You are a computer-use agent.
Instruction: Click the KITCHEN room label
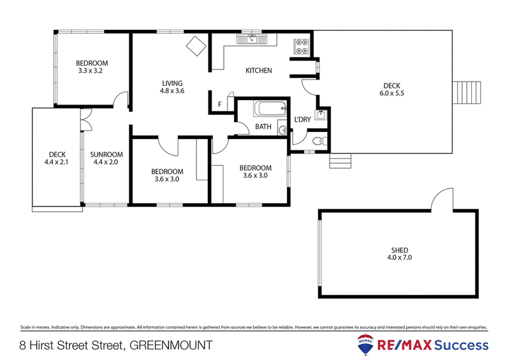click(x=259, y=71)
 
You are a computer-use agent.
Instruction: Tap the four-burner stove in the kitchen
click(x=301, y=47)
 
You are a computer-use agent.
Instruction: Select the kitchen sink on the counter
click(x=251, y=40)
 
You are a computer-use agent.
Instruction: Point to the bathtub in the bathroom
click(x=270, y=108)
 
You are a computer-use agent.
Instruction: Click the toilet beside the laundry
click(x=319, y=141)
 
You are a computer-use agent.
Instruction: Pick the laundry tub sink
click(x=321, y=115)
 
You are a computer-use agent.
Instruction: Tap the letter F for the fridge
click(x=220, y=104)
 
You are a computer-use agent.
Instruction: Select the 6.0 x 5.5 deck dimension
click(x=391, y=93)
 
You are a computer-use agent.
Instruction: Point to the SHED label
click(x=400, y=250)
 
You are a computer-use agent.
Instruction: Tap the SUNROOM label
click(x=106, y=155)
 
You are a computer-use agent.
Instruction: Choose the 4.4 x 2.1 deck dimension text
click(x=56, y=162)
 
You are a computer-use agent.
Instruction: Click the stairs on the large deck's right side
click(x=467, y=92)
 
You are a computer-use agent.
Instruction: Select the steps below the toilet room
click(x=340, y=161)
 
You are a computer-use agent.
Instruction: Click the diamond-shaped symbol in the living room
click(x=196, y=46)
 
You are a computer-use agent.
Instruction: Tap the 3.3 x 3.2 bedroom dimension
click(x=91, y=71)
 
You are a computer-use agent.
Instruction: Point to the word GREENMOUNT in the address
click(x=171, y=345)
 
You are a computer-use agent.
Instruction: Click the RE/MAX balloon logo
click(x=365, y=345)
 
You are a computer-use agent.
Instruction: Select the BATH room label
click(x=263, y=127)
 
